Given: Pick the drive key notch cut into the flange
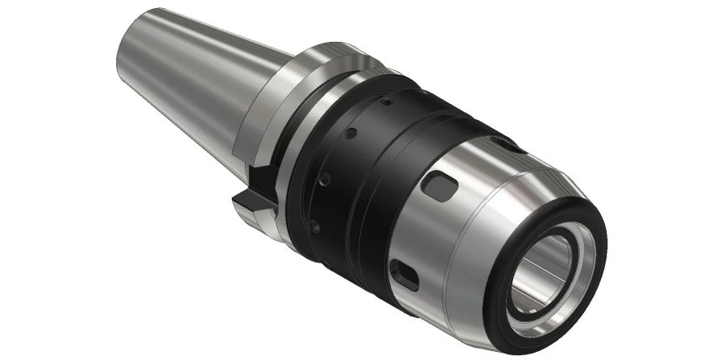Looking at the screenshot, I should [253, 193].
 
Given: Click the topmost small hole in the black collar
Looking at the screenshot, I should [386, 102].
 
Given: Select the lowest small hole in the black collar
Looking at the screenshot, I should [316, 228].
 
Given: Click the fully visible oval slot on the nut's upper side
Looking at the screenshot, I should [441, 188].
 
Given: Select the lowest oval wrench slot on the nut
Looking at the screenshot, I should [402, 274].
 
